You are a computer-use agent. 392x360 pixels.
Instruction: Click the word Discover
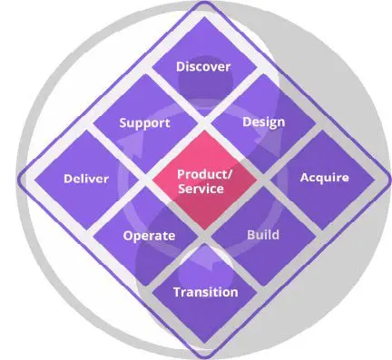click(x=203, y=67)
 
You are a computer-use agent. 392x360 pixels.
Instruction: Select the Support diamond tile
click(x=145, y=123)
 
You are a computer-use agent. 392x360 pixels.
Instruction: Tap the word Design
click(x=264, y=122)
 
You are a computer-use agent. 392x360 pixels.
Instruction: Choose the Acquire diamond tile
click(x=323, y=180)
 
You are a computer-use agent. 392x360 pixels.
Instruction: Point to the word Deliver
click(x=86, y=179)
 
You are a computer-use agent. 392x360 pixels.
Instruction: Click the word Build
click(x=263, y=235)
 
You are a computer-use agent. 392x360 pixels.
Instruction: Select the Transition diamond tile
click(x=204, y=293)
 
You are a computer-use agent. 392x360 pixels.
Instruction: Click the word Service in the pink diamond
click(x=201, y=189)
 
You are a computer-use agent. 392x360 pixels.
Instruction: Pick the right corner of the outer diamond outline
click(x=390, y=180)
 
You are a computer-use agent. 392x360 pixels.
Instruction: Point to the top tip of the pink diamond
click(x=204, y=131)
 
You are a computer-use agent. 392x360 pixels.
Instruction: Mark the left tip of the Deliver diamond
click(x=34, y=180)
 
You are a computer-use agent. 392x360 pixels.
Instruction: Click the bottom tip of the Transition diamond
click(x=204, y=343)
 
